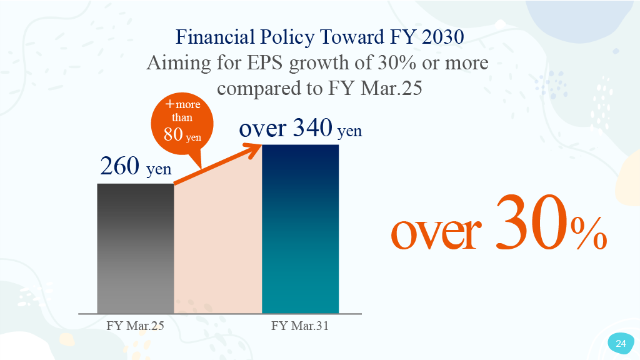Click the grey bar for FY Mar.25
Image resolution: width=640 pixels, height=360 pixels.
click(136, 249)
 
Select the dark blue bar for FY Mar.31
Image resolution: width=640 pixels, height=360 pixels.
click(301, 229)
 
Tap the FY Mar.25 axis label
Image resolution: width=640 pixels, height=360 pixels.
click(135, 326)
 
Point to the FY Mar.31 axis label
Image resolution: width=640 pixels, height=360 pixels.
click(300, 326)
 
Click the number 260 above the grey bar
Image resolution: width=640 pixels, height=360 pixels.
click(119, 166)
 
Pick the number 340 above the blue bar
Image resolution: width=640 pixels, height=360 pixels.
click(312, 127)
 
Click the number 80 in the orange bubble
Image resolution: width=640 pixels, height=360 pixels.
click(173, 134)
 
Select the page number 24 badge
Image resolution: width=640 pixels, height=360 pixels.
click(621, 343)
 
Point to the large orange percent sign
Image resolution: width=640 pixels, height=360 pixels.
click(589, 233)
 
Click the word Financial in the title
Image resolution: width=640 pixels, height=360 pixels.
click(216, 37)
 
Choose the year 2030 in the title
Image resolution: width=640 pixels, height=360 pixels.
click(443, 37)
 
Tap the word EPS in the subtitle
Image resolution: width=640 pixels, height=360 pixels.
click(264, 63)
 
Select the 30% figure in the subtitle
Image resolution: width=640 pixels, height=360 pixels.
click(397, 63)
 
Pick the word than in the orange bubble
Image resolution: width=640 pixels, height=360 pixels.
click(182, 117)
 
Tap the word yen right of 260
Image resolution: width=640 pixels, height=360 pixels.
click(159, 169)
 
